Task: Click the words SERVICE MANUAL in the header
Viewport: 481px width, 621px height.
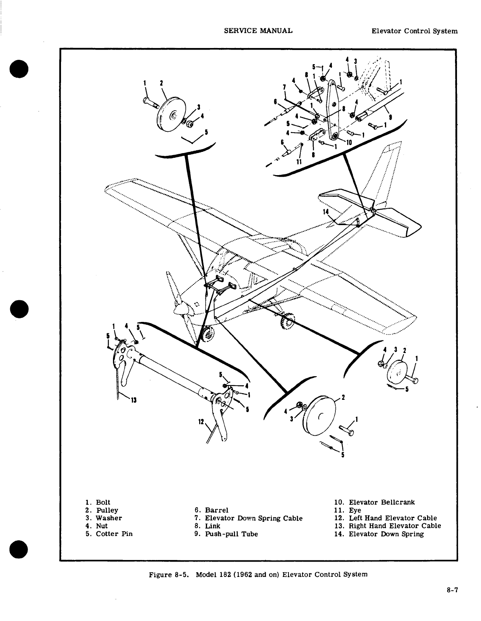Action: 258,30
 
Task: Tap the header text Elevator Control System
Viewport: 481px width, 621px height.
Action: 414,31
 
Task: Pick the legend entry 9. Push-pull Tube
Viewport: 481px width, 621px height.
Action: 226,534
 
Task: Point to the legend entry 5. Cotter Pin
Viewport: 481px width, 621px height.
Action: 109,534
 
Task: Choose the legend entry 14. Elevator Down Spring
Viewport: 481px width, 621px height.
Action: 379,534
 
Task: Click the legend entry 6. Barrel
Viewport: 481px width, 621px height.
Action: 211,510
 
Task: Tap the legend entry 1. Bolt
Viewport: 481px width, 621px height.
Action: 98,502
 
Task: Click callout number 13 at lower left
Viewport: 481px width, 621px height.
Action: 133,401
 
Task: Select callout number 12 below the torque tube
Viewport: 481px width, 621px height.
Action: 201,422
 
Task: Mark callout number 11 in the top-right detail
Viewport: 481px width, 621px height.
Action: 298,162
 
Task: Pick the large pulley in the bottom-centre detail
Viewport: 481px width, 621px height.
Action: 319,416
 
